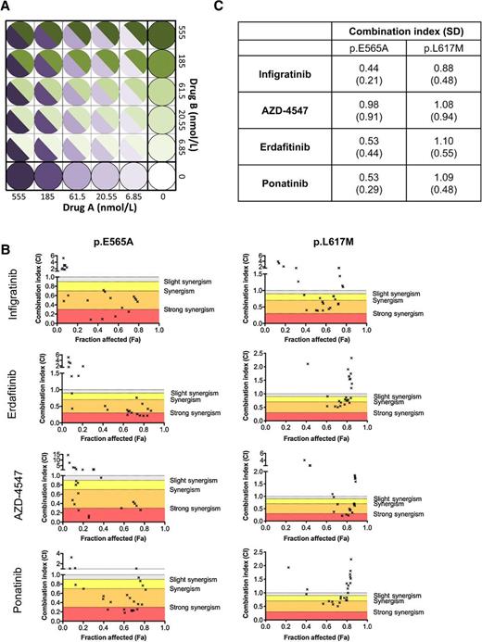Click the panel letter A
[x=6, y=6]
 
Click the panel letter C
[x=243, y=6]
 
